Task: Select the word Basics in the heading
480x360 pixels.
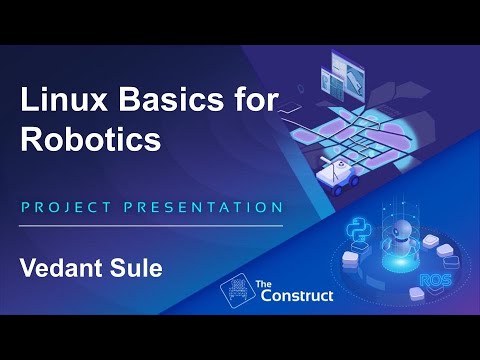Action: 161,101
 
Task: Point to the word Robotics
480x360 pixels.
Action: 91,139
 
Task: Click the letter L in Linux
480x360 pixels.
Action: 29,101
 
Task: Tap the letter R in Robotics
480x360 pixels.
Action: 32,139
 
